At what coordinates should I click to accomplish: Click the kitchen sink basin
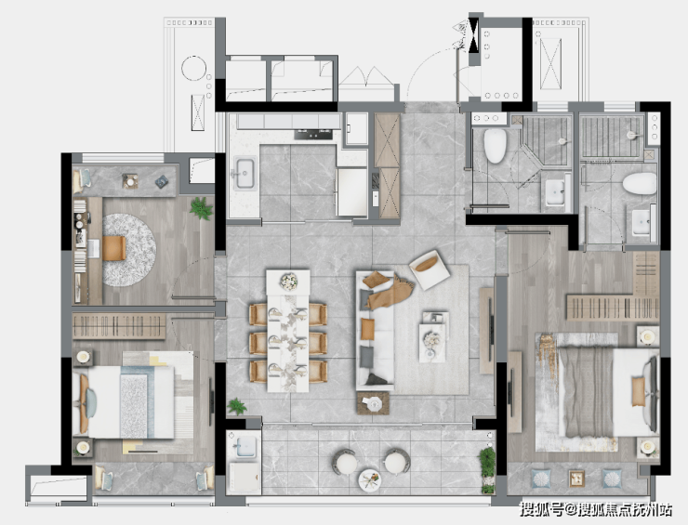coord(245,173)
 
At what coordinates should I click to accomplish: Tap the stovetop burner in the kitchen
coord(313,134)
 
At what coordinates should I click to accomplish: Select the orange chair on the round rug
coord(114,248)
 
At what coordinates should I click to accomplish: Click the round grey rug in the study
coord(129,250)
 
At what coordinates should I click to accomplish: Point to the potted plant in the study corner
coord(202,208)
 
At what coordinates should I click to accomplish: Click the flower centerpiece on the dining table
coord(289,282)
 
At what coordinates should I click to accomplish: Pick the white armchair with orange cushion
coord(430,269)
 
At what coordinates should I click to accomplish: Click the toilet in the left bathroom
coord(495,146)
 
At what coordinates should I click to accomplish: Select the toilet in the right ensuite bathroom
coord(640,183)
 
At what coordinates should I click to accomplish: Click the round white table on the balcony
coord(369,480)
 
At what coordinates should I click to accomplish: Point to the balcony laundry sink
coord(245,447)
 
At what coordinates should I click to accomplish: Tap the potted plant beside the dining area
coord(237,407)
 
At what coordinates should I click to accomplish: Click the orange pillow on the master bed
coord(639,391)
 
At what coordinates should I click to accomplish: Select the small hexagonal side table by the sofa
coord(373,403)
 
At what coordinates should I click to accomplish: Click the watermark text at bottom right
coord(596,509)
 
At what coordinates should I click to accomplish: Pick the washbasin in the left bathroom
coord(555,192)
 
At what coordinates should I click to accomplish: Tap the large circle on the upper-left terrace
coord(193,69)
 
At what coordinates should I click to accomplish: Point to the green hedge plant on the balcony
coord(487,469)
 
